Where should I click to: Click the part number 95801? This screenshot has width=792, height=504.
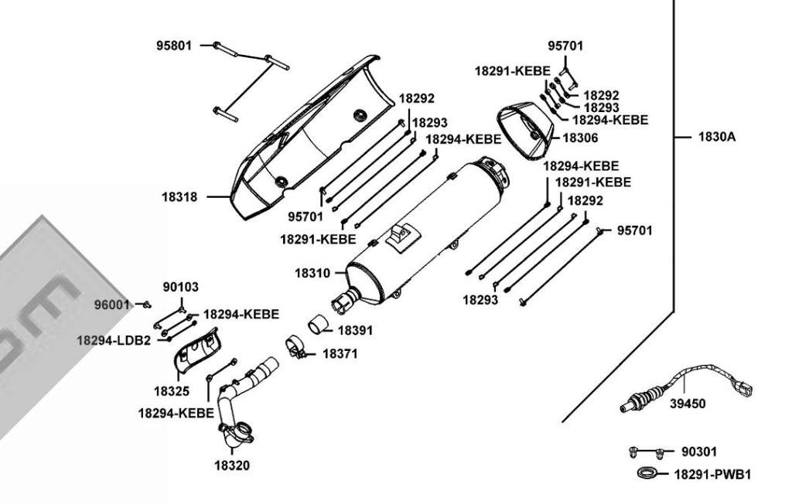coord(174,46)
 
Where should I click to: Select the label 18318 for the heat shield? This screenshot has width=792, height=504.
coord(179,197)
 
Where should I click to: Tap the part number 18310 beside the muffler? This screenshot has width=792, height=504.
coord(312,273)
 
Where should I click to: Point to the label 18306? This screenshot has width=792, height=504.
coord(580,138)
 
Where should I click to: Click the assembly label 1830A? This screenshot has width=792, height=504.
coord(717,136)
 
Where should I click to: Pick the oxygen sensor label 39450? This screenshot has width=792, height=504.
coord(688,404)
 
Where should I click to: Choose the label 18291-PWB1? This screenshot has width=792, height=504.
coord(712,475)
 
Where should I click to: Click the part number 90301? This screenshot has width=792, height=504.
coord(699,451)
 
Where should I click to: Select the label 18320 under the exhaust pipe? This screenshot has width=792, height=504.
coord(232,465)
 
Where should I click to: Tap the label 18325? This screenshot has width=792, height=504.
coord(172,391)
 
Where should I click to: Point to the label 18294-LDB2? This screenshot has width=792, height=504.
coord(114,340)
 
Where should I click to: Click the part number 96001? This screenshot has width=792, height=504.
coord(112,305)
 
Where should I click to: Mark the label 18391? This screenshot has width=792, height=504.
coord(355,330)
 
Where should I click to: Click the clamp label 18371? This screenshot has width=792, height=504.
coord(340,353)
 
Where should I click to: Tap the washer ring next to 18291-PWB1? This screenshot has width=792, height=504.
coord(647,472)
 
